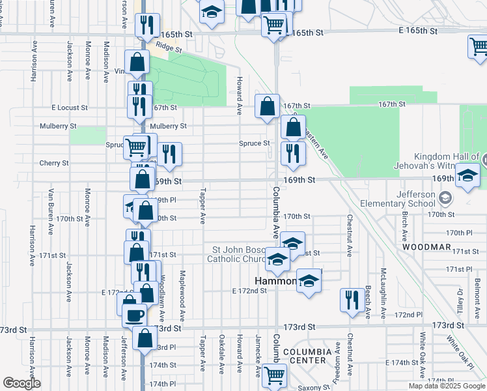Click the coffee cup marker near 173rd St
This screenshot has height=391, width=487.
(x=135, y=315)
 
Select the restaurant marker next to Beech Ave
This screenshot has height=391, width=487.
(x=352, y=300)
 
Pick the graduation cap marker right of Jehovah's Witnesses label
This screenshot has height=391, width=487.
(x=467, y=175)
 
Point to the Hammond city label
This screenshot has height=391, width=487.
(x=276, y=281)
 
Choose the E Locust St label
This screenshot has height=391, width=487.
(x=70, y=108)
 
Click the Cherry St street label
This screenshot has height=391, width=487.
(x=53, y=163)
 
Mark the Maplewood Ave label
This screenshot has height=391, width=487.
(x=182, y=289)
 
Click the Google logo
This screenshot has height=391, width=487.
(x=21, y=383)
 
